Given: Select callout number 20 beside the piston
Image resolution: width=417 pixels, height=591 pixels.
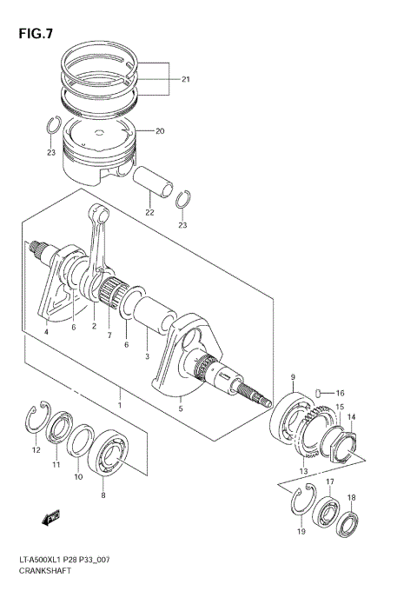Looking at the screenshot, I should [159, 131].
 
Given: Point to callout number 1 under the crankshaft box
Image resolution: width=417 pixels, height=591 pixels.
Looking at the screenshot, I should [121, 405].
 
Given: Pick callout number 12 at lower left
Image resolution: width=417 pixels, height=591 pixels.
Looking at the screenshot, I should [36, 449].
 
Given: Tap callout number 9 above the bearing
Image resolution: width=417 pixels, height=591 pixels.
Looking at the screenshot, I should [293, 376].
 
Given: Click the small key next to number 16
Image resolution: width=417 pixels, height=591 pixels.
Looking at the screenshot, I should [321, 392].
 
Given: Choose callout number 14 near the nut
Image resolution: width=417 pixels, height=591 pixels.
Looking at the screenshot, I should [352, 417].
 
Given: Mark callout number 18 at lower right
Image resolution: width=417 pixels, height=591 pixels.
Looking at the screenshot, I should [351, 498].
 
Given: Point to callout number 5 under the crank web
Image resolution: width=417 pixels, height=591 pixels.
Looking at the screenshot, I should [181, 408].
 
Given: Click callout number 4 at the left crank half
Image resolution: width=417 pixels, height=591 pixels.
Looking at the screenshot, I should [46, 331].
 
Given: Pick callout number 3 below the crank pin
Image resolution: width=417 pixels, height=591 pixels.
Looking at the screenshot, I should [148, 357].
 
